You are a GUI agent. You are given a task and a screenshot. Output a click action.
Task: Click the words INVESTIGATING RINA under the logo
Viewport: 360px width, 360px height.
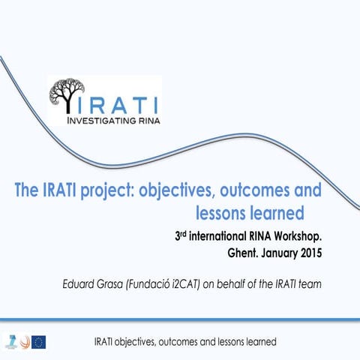(114, 118)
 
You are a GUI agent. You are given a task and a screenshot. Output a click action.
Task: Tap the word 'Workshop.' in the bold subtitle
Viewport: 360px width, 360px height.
(297, 237)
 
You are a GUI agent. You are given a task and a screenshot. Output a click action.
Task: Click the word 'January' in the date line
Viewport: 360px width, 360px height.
(276, 253)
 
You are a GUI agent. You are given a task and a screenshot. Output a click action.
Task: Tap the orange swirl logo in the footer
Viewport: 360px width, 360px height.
(23, 342)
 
